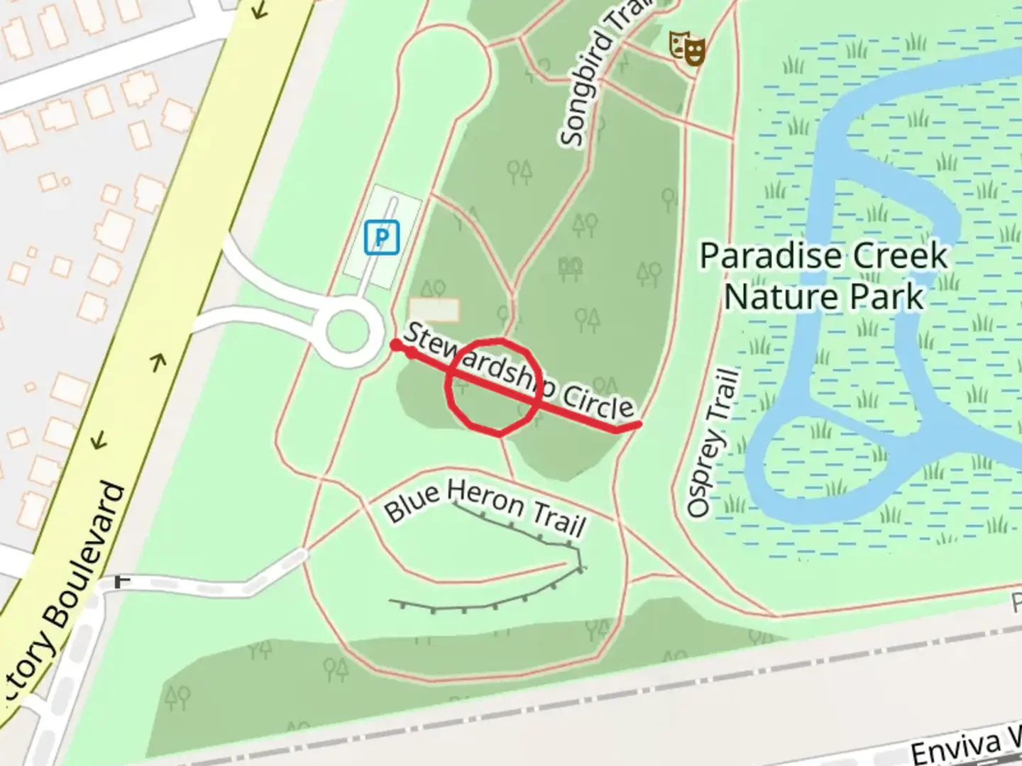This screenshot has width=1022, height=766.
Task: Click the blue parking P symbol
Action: (x=382, y=237)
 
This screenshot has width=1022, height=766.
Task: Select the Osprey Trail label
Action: (x=713, y=442)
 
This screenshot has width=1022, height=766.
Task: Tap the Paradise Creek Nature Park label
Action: (x=823, y=276)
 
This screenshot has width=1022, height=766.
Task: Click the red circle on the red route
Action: (x=494, y=386)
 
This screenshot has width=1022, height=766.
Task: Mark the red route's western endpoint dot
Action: (x=395, y=345)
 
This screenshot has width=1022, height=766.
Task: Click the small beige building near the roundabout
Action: (x=434, y=310)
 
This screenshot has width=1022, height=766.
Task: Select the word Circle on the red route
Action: (x=597, y=404)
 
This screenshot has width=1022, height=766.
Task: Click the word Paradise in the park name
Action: (x=760, y=256)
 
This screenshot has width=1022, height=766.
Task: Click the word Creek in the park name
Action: (x=901, y=256)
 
